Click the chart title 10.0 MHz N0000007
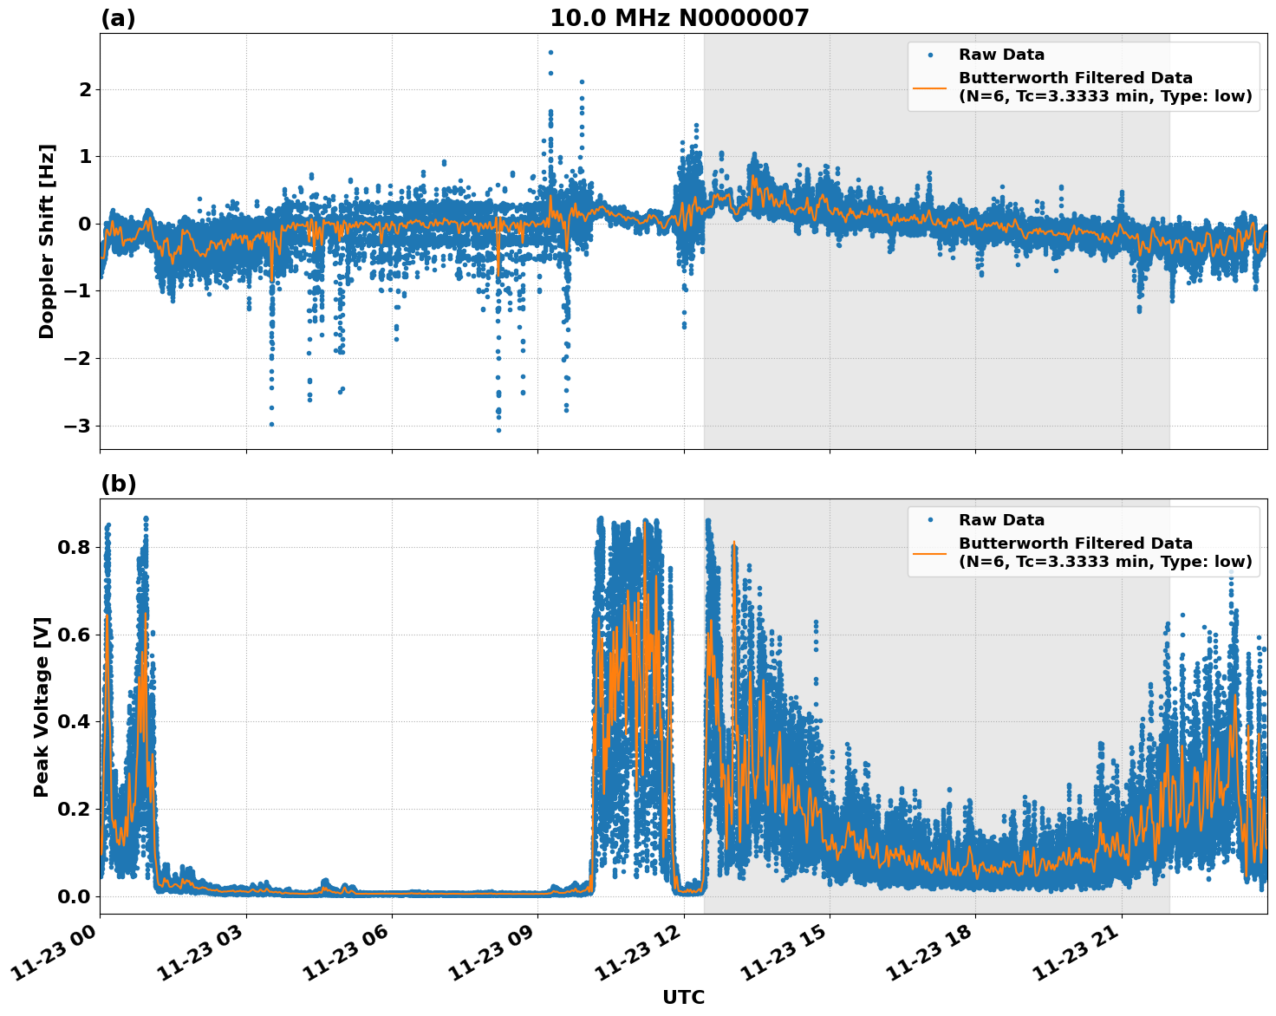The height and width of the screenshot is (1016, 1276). click(x=679, y=18)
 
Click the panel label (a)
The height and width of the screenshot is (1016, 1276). click(x=118, y=18)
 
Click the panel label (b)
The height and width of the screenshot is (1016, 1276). click(x=118, y=484)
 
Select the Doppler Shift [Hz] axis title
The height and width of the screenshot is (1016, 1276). click(x=47, y=241)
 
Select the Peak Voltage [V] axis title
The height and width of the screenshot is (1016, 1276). click(x=42, y=707)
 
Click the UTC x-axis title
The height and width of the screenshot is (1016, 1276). click(x=683, y=997)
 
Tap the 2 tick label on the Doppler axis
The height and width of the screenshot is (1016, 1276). click(x=85, y=89)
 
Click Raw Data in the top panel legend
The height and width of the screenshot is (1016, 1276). click(x=1001, y=55)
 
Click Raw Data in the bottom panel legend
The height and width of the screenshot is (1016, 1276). click(x=1001, y=520)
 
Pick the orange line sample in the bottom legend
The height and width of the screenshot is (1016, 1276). click(x=930, y=552)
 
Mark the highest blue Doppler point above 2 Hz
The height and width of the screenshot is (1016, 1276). click(x=550, y=52)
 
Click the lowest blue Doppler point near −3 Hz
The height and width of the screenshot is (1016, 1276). click(x=498, y=430)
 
